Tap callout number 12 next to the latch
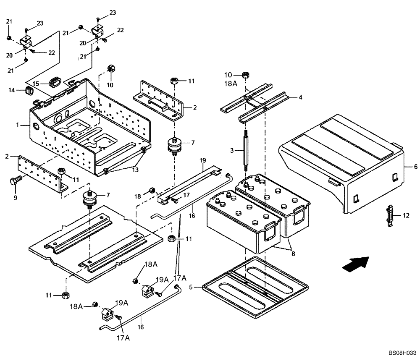pos(405,216)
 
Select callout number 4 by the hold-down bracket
pos(300,97)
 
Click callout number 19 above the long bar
pos(202,160)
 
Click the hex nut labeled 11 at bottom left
pos(64,295)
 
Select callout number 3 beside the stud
pos(231,151)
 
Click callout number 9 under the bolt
pos(15,197)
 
